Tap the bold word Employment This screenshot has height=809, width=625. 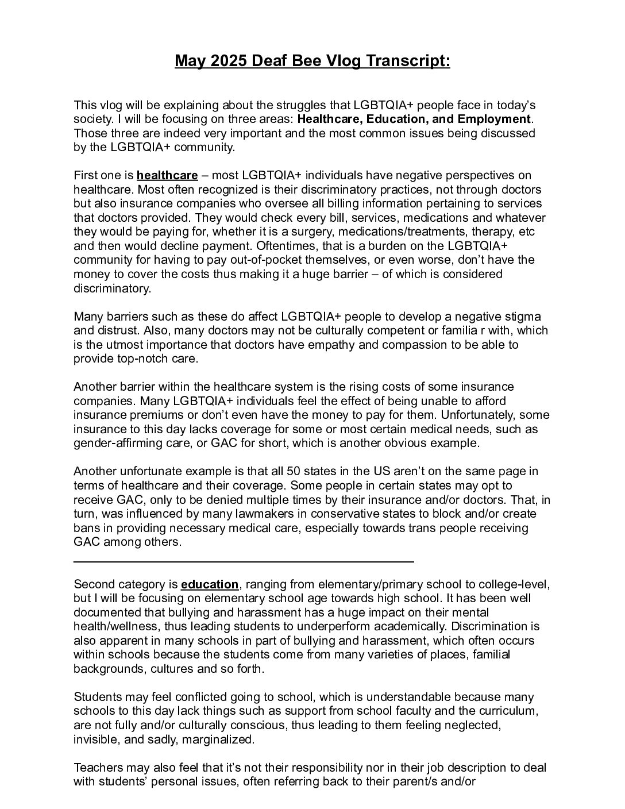tap(494, 119)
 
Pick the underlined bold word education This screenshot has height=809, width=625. tap(209, 584)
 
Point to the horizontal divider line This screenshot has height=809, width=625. tap(244, 561)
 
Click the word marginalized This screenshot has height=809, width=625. tap(218, 739)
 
